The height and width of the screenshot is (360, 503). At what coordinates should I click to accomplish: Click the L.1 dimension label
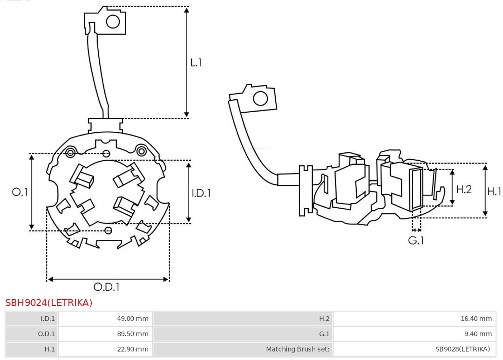(x=196, y=62)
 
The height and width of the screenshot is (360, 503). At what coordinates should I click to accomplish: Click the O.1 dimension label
(x=20, y=192)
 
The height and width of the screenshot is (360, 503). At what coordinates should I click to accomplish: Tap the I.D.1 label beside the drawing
(x=201, y=192)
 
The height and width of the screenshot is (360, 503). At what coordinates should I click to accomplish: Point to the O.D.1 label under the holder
(x=107, y=287)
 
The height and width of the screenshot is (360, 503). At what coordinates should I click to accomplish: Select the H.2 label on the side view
(x=463, y=189)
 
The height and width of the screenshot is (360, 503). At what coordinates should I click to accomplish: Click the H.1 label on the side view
(x=494, y=191)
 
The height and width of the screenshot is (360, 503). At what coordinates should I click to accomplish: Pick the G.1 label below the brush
(x=416, y=241)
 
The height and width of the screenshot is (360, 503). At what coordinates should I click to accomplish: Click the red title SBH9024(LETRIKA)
(x=49, y=303)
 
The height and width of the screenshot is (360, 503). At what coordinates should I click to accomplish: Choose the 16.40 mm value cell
(x=414, y=319)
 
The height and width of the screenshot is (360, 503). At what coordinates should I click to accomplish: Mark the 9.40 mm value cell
(x=414, y=333)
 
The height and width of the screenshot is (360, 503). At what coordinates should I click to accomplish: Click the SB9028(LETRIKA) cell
(x=414, y=349)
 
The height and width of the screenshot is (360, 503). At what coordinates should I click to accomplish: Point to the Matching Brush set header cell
(x=243, y=349)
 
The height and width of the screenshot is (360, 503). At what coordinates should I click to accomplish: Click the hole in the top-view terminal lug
(x=113, y=21)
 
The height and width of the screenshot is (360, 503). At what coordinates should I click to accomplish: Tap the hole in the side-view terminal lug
(x=259, y=99)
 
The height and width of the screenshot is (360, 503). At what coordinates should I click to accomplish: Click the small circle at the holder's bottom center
(x=109, y=230)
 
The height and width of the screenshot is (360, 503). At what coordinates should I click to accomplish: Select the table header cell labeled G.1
(x=243, y=333)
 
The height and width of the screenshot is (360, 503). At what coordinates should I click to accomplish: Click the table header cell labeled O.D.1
(x=32, y=333)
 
